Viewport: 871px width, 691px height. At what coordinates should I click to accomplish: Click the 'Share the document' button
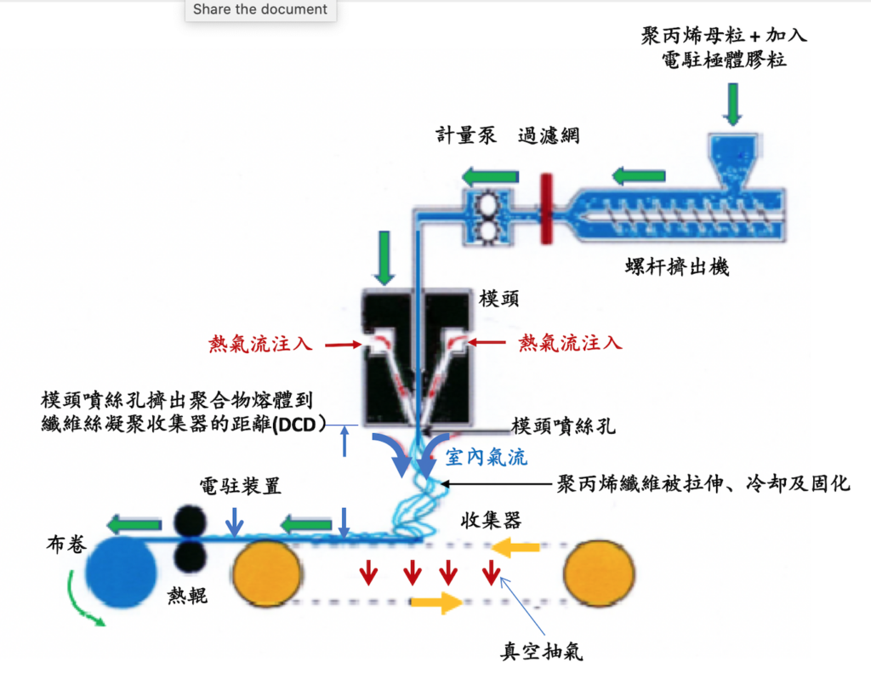coord(260,9)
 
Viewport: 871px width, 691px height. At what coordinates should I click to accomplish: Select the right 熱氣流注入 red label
coord(571,344)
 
